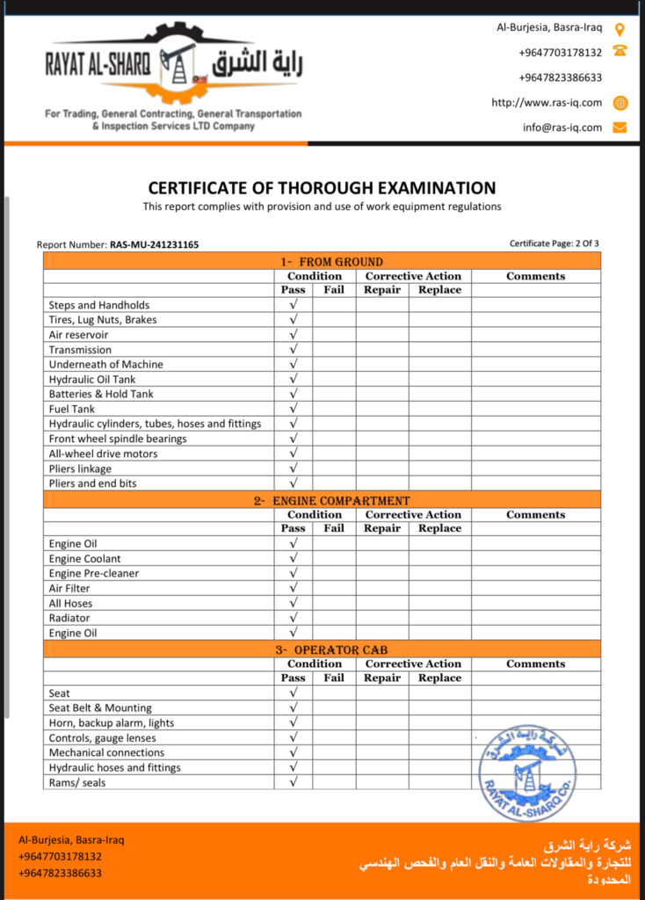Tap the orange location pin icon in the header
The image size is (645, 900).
[620, 28]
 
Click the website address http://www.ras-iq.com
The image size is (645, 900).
[547, 103]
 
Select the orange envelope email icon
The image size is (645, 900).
[620, 127]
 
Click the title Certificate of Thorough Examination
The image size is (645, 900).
[322, 188]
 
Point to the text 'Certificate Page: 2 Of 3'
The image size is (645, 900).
[554, 243]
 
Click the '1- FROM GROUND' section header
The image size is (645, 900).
[322, 261]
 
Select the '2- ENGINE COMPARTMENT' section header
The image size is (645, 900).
[322, 500]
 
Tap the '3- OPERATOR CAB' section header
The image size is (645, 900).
[322, 650]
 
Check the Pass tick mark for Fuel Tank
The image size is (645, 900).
[294, 409]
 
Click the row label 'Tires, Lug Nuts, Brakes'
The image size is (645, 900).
[103, 320]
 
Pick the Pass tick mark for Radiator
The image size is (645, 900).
[294, 618]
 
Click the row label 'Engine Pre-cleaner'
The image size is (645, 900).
[94, 573]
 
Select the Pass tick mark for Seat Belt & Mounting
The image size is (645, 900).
[294, 708]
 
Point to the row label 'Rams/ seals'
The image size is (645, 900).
[77, 782]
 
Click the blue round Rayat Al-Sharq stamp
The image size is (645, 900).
[526, 773]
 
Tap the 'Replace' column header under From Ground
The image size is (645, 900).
[439, 290]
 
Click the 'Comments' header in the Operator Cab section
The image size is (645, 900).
[535, 664]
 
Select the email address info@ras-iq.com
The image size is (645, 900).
[562, 127]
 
